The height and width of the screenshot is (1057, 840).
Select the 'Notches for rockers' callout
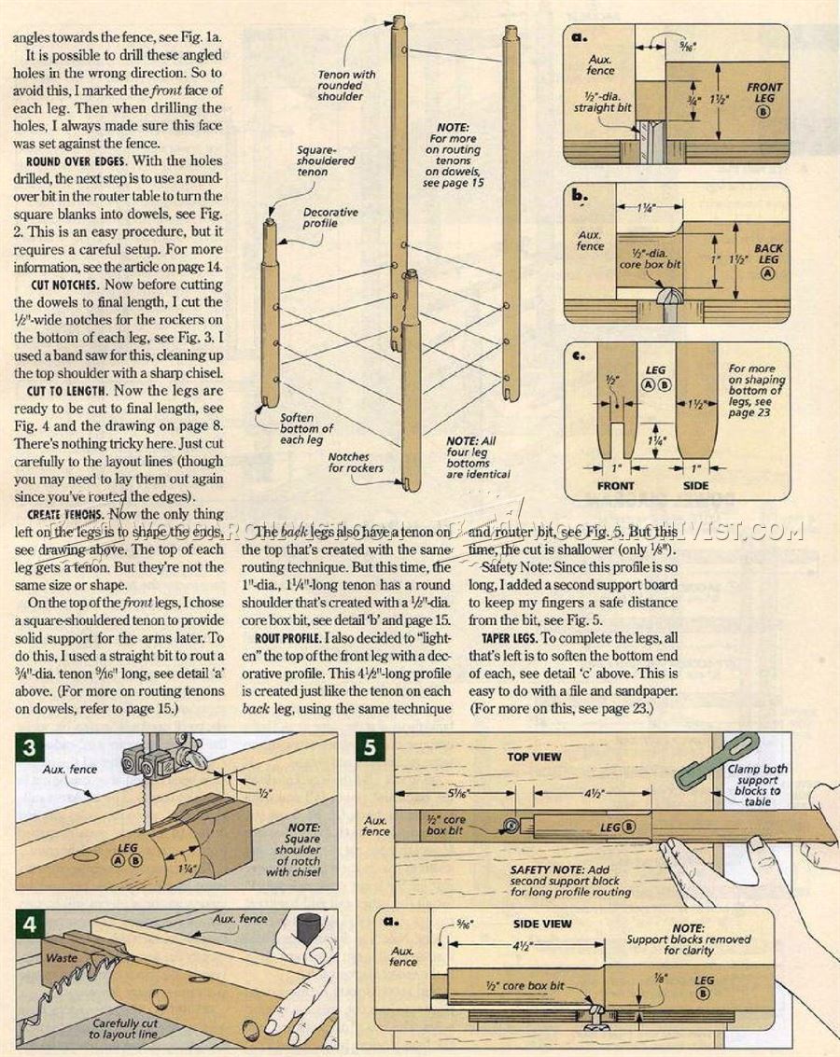pyautogui.click(x=355, y=463)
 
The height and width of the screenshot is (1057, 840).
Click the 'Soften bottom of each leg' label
pyautogui.click(x=308, y=427)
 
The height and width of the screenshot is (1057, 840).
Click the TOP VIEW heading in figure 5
pyautogui.click(x=533, y=757)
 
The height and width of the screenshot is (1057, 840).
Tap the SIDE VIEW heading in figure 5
pyautogui.click(x=542, y=924)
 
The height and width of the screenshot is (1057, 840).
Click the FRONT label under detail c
pyautogui.click(x=615, y=485)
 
